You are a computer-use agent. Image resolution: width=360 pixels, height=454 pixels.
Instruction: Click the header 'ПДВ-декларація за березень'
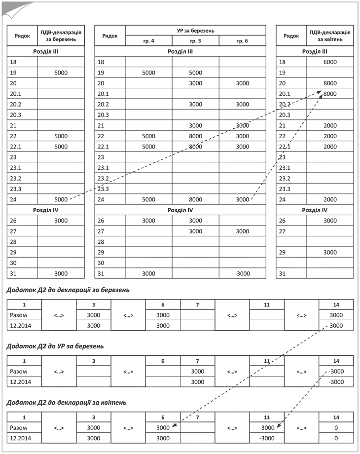pos(61,36)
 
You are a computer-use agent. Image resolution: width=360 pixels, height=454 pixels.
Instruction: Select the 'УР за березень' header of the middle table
pos(195,30)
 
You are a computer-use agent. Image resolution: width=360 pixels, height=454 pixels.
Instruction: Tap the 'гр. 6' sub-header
pos(242,41)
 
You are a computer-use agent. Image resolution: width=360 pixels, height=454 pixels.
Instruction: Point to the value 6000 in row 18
pos(330,62)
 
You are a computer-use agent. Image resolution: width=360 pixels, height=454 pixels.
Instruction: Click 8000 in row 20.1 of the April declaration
pos(330,94)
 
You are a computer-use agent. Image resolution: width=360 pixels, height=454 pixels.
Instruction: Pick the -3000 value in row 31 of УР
pos(242,273)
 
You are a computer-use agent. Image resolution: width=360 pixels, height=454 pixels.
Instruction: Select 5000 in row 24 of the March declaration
pos(61,199)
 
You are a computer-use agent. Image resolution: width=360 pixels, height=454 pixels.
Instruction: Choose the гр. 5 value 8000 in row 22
pos(195,136)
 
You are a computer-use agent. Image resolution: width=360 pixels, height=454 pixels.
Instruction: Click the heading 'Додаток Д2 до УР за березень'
pos(55,346)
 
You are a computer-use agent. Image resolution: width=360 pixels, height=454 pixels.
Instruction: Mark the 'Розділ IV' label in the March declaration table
pos(46,210)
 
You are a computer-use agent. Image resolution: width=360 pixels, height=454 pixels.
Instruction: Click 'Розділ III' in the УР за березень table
pos(180,51)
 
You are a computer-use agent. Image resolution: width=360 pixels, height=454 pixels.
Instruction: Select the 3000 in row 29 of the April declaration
pos(330,252)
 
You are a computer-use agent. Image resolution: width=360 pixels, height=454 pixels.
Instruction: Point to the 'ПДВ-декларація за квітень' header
pos(330,36)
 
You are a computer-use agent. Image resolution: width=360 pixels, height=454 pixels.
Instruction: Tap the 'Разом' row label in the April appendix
pos(18,428)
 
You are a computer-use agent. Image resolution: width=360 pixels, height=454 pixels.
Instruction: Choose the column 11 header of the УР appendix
pos(267,361)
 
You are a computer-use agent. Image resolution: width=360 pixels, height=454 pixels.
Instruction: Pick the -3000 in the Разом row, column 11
pos(267,428)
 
